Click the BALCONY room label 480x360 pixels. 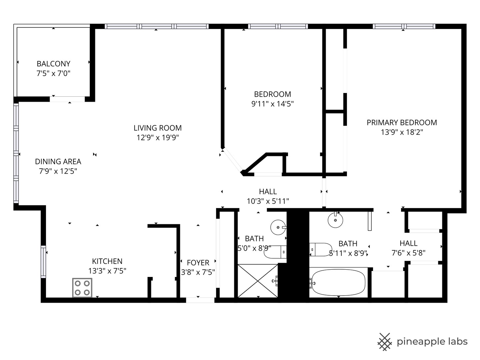point(53,64)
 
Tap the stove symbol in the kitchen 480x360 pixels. point(82,288)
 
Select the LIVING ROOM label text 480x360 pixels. point(158,128)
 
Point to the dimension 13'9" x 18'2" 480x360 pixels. point(402,132)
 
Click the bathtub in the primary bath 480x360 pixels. point(337,283)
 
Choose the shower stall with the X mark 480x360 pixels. point(258,281)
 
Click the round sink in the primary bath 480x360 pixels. point(335,220)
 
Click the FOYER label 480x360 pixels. point(198,263)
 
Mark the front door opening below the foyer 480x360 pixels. point(200,300)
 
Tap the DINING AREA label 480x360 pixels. point(58,162)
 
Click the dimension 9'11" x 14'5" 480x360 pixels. point(272,104)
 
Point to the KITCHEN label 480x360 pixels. point(107,261)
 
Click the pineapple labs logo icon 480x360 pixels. point(384,342)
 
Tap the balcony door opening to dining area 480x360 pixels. point(67,99)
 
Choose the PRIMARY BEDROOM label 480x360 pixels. point(402,123)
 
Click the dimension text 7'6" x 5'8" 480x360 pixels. point(408,253)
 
